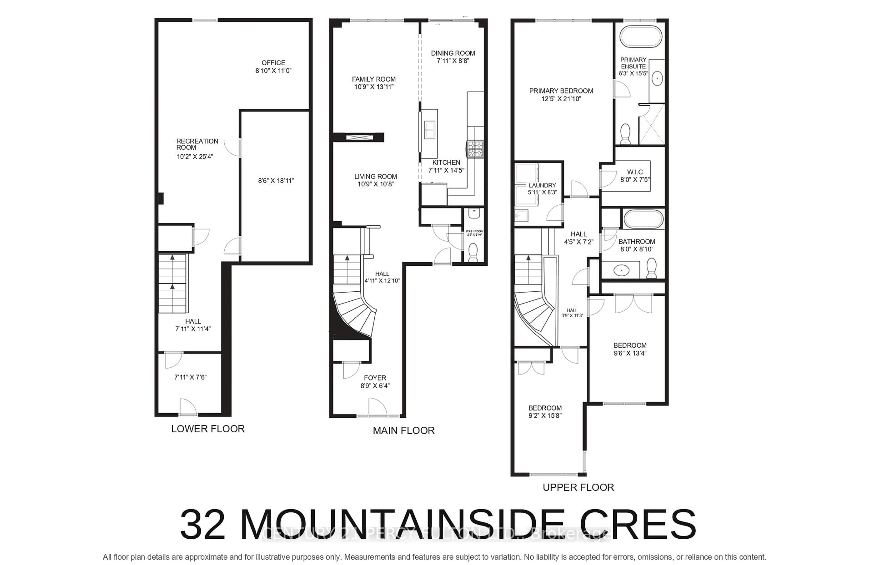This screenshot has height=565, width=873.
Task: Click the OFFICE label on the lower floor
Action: pyautogui.click(x=273, y=63)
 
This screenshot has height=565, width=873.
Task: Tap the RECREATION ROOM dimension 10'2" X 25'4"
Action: pyautogui.click(x=195, y=157)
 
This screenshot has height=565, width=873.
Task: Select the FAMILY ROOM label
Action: pyautogui.click(x=374, y=79)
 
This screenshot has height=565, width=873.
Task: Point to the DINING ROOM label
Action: pyautogui.click(x=453, y=53)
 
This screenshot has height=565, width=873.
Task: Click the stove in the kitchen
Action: pyautogui.click(x=475, y=149)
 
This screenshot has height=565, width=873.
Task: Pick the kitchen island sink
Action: pyautogui.click(x=429, y=129)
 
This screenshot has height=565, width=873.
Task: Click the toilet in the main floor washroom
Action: pyautogui.click(x=473, y=253)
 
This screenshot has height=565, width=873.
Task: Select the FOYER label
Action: pyautogui.click(x=375, y=378)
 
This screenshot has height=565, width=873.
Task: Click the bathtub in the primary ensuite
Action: pyautogui.click(x=641, y=37)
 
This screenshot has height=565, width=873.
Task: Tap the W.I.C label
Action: pyautogui.click(x=635, y=172)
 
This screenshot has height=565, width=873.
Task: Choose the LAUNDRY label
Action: pyautogui.click(x=542, y=186)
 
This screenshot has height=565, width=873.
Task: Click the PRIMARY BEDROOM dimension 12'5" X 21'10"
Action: pyautogui.click(x=561, y=99)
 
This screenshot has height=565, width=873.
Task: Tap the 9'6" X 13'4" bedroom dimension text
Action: pyautogui.click(x=630, y=353)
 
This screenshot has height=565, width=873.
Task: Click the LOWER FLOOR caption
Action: pyautogui.click(x=208, y=429)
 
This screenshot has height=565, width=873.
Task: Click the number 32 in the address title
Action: pyautogui.click(x=203, y=525)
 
